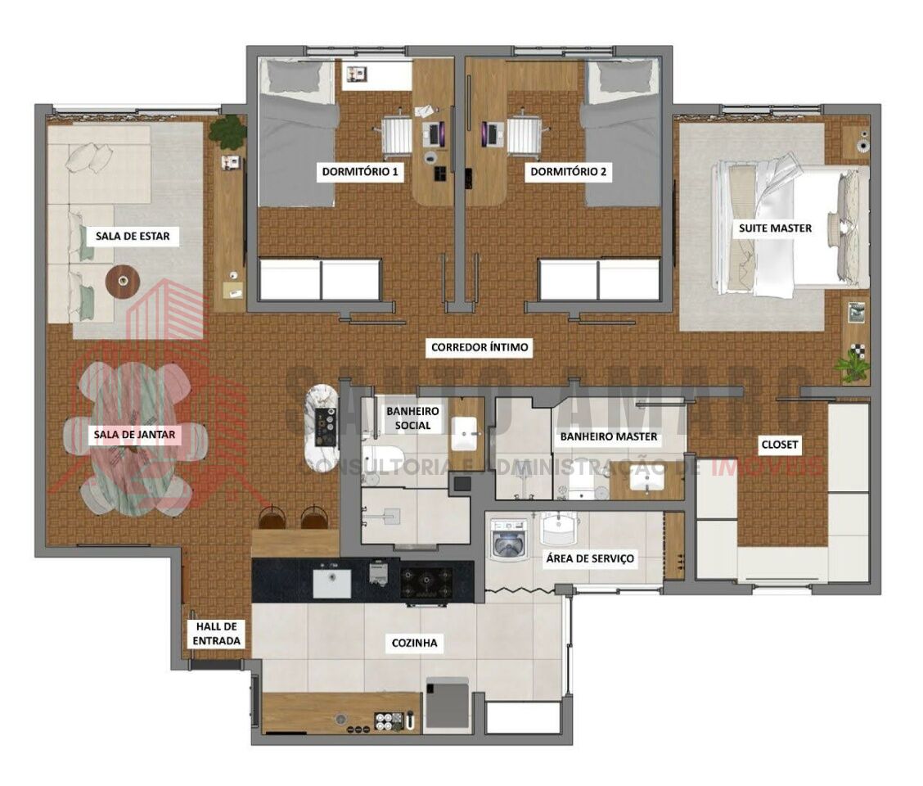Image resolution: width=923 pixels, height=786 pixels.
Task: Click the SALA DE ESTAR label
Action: tap(133, 237)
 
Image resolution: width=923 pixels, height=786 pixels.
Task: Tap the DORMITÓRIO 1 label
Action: tap(360, 172)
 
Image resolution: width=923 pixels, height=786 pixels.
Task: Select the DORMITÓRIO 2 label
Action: tap(568, 172)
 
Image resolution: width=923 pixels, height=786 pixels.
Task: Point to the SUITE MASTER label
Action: tap(775, 228)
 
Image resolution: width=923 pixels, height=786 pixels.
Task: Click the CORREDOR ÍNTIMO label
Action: tap(480, 347)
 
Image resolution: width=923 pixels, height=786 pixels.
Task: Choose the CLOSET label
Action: tap(779, 445)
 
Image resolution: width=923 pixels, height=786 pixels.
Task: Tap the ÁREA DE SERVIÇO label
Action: tap(590, 558)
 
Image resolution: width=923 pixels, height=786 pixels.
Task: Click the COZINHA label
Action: tap(414, 643)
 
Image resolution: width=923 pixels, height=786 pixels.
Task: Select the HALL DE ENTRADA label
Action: tap(217, 634)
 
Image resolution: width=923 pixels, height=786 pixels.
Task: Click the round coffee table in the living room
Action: tap(123, 282)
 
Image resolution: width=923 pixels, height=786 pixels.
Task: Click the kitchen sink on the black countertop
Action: tap(332, 583)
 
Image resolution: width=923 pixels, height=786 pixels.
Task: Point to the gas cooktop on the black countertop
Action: tap(426, 583)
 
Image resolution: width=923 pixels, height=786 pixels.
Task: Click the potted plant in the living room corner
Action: tap(227, 132)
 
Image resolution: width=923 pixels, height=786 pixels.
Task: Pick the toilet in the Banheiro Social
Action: tap(381, 459)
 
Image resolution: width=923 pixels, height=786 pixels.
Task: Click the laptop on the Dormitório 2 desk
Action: tap(491, 134)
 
